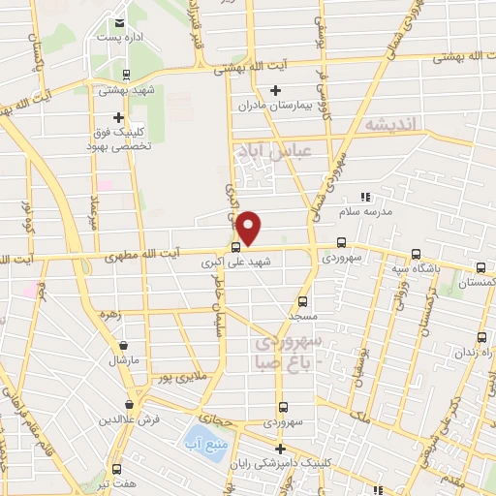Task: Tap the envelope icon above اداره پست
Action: tap(119, 23)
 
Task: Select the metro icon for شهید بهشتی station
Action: tap(127, 74)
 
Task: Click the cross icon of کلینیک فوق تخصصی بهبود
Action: tap(118, 116)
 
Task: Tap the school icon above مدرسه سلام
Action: tap(365, 197)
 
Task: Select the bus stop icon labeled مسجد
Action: tap(303, 301)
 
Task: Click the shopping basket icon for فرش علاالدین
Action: tap(129, 405)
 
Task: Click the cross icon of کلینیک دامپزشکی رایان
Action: tap(280, 449)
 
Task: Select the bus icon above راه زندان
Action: tap(482, 338)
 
